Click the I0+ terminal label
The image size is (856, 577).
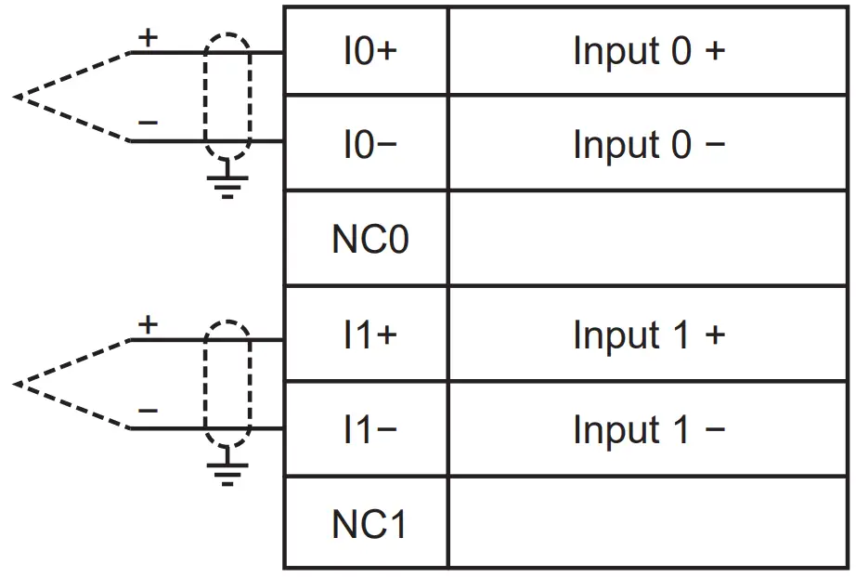370,51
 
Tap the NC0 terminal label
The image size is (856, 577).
370,241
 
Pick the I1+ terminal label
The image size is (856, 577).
370,335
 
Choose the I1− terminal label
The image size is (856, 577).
370,430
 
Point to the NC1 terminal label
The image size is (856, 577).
370,525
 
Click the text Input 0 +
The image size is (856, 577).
648,51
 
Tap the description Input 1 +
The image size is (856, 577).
648,335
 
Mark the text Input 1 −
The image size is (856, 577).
648,430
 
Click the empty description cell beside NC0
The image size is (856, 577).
648,239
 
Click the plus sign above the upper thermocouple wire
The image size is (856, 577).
148,38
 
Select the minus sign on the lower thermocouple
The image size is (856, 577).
148,410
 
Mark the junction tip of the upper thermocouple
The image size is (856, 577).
17,97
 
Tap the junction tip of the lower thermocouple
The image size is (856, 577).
17,383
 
